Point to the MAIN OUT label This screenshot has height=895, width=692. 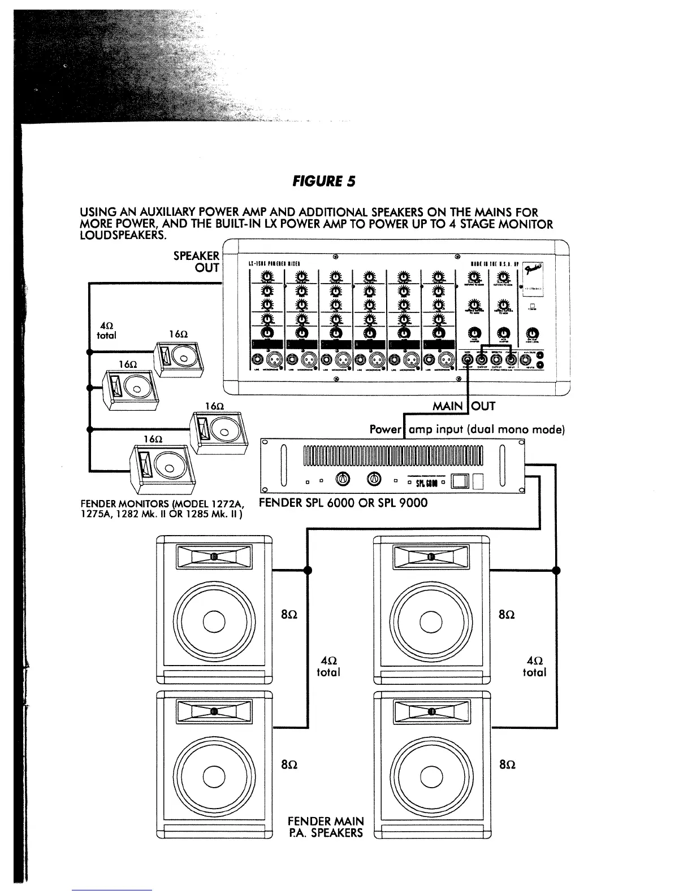[x=464, y=406]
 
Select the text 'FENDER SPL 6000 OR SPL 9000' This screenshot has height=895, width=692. [x=343, y=502]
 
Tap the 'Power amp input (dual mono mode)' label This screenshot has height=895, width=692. [x=467, y=429]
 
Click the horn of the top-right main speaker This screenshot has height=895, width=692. [x=431, y=557]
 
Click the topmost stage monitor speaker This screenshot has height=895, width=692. [x=176, y=358]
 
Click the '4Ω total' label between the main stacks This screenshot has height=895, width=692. [x=328, y=666]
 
